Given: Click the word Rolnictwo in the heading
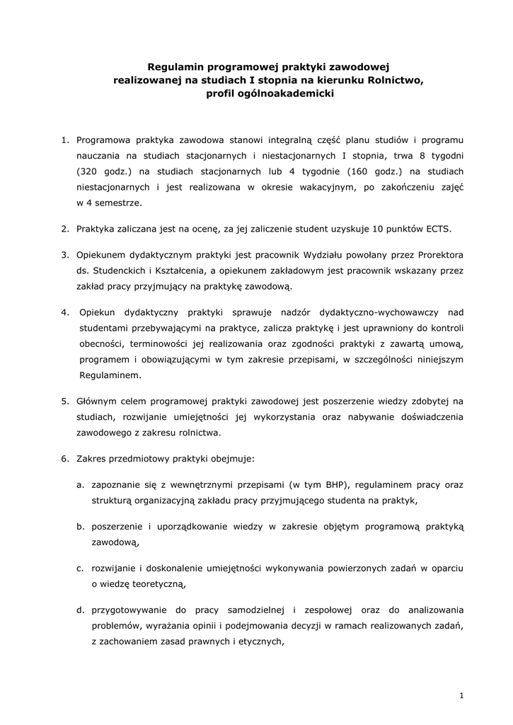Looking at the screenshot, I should tap(395, 81).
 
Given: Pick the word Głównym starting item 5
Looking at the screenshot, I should tap(97, 401).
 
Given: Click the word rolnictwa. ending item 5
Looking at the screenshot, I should tap(198, 433).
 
